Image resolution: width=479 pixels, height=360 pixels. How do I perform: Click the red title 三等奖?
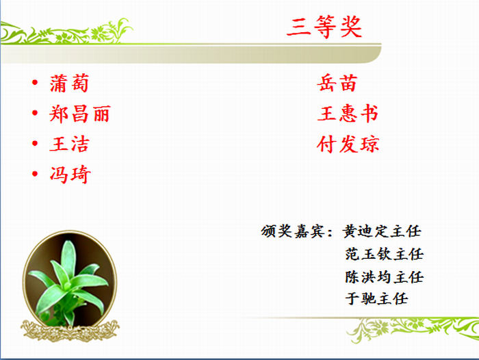coord(324,27)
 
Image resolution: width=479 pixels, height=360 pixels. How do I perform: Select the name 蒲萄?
coord(69,83)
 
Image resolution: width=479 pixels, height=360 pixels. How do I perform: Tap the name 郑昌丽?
coord(80,114)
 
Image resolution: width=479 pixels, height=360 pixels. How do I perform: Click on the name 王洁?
coord(69,144)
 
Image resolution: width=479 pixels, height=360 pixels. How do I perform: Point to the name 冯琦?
coord(70,175)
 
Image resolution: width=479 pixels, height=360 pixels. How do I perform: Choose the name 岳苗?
coord(337,83)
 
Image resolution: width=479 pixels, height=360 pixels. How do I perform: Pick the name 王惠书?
coord(348,114)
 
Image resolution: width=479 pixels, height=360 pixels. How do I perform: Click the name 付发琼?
coord(348,144)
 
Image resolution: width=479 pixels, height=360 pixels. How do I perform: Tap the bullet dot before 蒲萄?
coord(35,82)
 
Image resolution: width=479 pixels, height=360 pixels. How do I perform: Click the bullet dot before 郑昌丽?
coord(35,113)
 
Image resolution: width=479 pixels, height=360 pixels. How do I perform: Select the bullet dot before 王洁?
coord(35,143)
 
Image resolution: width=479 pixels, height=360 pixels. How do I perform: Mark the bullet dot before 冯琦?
coord(35,174)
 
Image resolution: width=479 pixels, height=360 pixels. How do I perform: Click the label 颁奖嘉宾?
coord(292,231)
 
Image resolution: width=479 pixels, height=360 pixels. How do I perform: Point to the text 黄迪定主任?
coord(382,231)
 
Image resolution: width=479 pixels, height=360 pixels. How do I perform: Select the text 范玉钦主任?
coord(385,254)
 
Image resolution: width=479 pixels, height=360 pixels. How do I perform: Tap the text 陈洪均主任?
coord(385,277)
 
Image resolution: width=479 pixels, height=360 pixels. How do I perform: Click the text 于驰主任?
coord(376,298)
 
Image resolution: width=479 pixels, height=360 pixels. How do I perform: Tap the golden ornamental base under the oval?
coord(70,331)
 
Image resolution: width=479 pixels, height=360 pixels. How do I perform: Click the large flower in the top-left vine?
coord(99,32)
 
